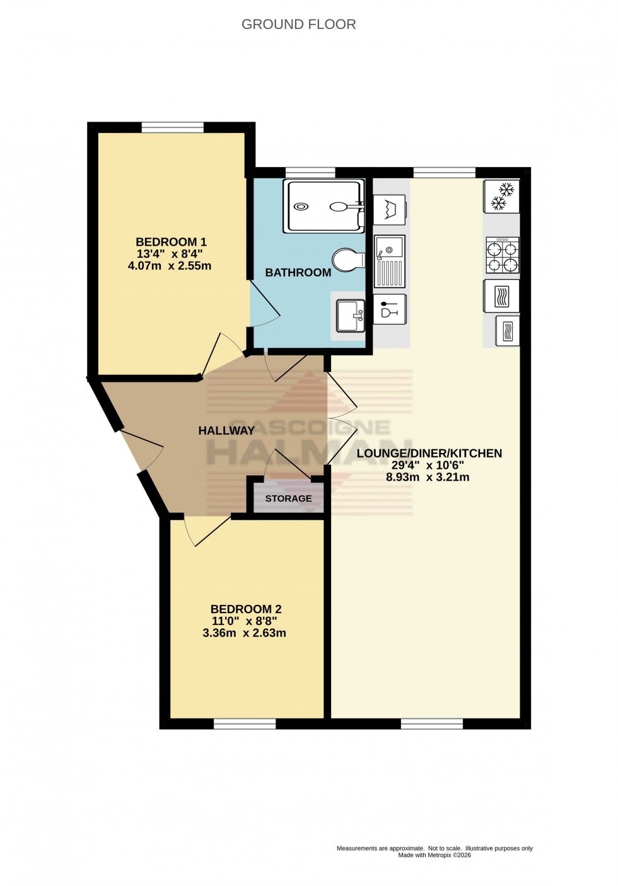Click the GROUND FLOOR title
pos(298,25)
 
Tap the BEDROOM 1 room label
pos(171,242)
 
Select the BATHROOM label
pos(298,273)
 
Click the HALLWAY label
pos(226,431)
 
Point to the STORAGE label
pos(288,498)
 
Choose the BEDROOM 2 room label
pos(246,609)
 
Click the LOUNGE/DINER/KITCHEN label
pos(429,454)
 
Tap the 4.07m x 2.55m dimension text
pos(169,266)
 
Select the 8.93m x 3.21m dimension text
pos(428,478)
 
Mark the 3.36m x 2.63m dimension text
pos(244,633)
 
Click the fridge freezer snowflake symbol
pos(502,196)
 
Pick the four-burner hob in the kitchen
pos(502,255)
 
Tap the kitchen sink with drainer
pos(389,261)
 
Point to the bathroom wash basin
pos(350,315)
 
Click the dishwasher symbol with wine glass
pos(389,310)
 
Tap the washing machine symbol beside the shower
pos(389,209)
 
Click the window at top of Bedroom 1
pos(172,127)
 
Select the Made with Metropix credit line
pos(434,855)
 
